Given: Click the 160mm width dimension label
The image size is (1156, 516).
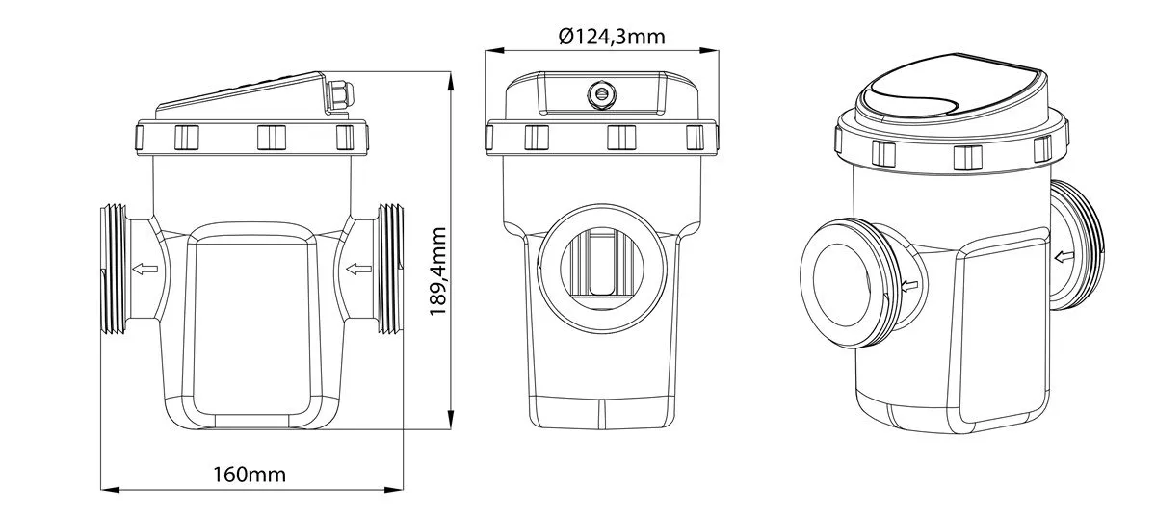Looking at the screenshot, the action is (x=250, y=475).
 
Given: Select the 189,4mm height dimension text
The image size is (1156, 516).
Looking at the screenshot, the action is (x=438, y=271).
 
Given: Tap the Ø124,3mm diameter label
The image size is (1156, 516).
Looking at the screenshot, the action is (x=612, y=37).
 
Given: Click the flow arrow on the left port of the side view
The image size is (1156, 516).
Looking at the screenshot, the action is (x=145, y=269).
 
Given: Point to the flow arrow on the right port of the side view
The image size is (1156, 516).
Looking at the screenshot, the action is (x=358, y=269).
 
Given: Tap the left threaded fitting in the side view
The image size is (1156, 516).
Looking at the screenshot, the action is (x=114, y=269).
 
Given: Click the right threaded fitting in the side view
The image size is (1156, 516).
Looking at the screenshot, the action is (x=390, y=269).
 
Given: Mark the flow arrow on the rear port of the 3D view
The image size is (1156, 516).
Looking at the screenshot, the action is (x=1064, y=256).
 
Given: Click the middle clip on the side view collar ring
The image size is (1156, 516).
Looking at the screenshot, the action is (x=272, y=138).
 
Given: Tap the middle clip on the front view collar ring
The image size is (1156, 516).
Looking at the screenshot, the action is (x=621, y=138).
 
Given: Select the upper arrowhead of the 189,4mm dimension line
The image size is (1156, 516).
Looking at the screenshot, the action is (x=451, y=82).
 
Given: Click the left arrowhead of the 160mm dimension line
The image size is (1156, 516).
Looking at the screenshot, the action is (x=110, y=490).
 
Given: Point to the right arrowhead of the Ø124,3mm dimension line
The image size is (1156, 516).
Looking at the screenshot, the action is (x=709, y=50).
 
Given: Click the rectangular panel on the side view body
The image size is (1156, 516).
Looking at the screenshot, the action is (x=251, y=325).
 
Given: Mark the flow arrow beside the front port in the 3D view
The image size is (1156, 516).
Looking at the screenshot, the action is (x=909, y=286).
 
